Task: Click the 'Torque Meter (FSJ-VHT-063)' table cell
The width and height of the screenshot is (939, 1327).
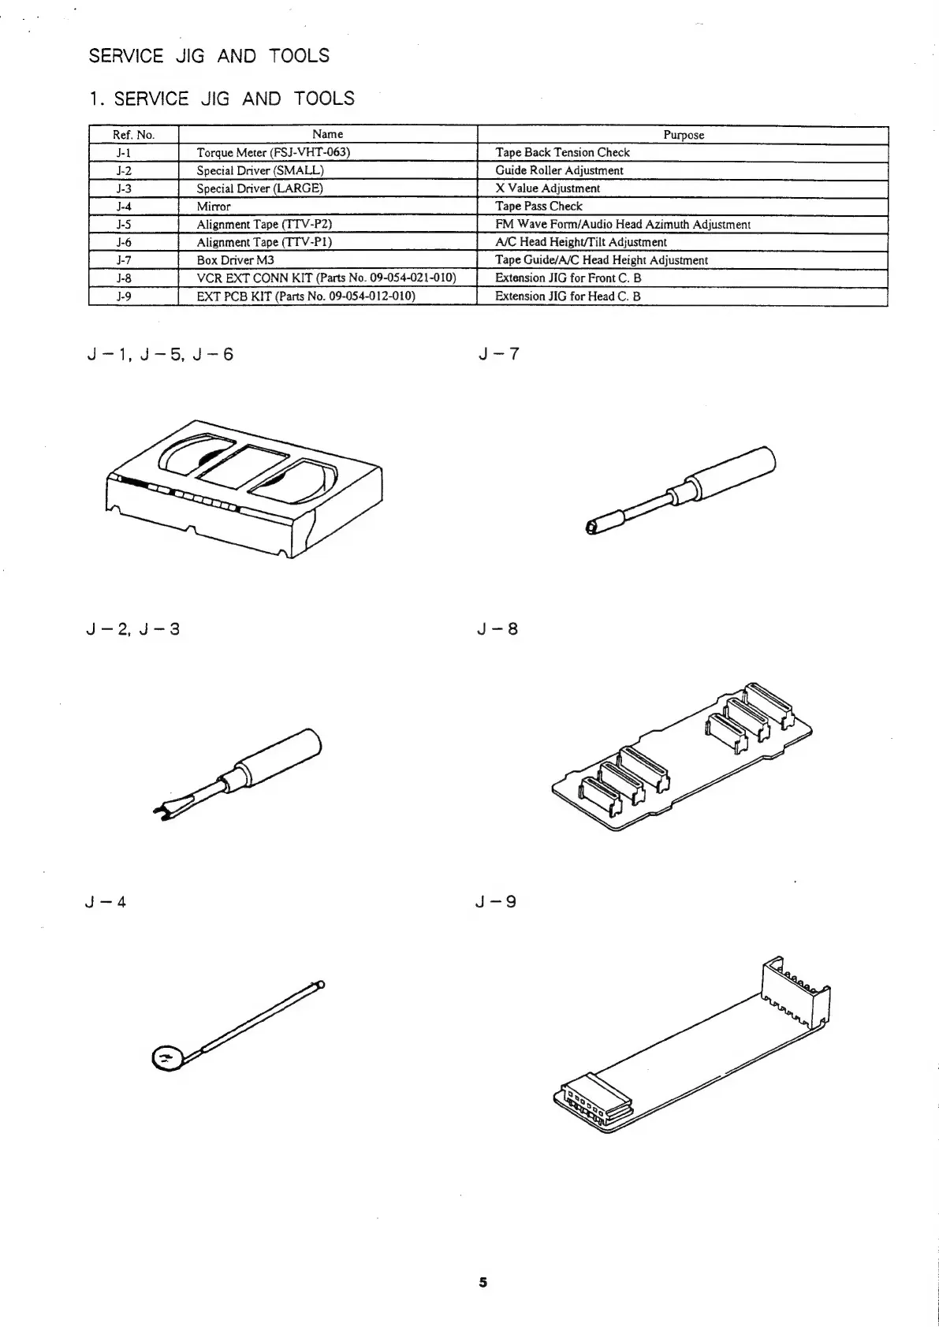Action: (273, 152)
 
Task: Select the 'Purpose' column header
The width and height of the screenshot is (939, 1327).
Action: (683, 135)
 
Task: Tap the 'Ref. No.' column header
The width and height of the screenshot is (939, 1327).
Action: (134, 135)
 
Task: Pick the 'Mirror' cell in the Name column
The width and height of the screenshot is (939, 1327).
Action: (214, 207)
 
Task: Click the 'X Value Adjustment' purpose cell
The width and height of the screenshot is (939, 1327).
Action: (547, 188)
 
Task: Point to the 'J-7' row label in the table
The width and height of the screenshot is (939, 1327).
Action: (124, 260)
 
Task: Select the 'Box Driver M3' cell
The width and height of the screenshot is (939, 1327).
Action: (235, 260)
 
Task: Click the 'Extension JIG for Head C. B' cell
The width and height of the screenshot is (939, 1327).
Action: (568, 296)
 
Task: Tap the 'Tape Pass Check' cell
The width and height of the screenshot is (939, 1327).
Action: (538, 207)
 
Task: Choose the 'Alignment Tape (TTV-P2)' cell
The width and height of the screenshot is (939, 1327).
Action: (259, 225)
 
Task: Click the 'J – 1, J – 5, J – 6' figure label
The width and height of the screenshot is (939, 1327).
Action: (160, 354)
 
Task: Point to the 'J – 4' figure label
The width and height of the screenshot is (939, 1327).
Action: (106, 902)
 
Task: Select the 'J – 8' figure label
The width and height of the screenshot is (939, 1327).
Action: (497, 629)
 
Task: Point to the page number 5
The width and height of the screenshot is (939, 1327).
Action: (483, 1282)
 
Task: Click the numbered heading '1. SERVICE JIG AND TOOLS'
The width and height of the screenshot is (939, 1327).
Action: (222, 99)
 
